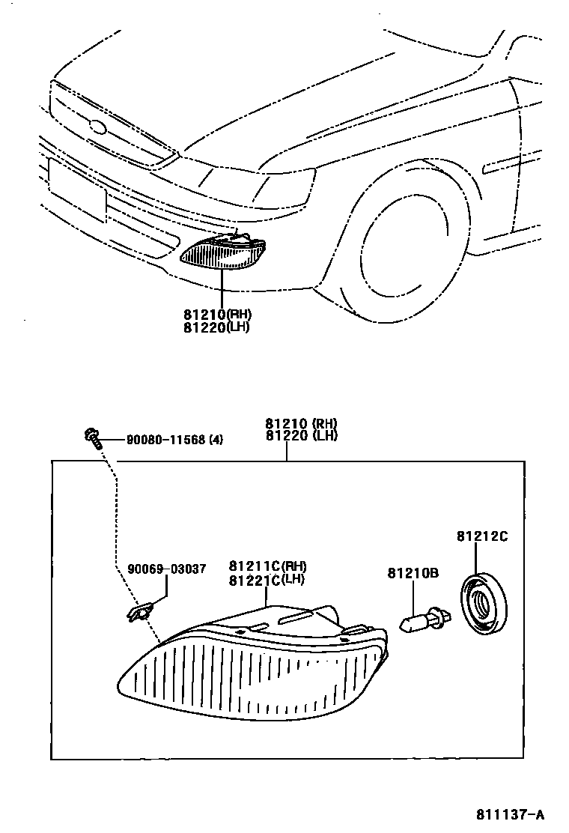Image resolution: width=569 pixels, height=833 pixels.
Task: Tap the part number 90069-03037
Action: coord(166,569)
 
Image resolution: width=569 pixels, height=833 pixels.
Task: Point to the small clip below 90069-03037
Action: coord(139,613)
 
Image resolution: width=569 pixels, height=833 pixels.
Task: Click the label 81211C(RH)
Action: coord(268,566)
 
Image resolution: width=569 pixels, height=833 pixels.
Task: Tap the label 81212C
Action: coord(482,536)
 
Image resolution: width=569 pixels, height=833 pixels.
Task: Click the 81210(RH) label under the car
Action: coord(216,315)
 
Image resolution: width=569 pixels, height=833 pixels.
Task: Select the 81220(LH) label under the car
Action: coord(216,327)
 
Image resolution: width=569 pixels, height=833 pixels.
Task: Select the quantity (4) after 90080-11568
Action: coord(216,440)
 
